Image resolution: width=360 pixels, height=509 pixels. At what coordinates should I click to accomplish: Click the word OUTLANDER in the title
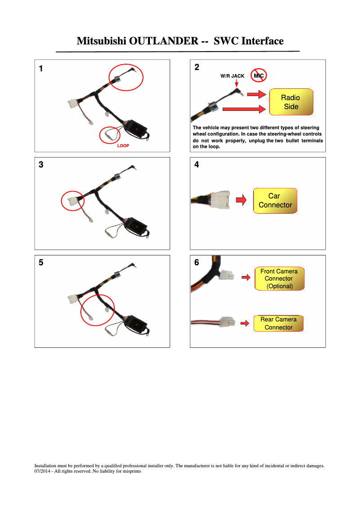tap(163, 41)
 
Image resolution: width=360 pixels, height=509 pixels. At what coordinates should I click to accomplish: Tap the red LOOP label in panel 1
tap(123, 146)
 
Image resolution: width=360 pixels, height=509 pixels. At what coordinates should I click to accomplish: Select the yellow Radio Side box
tap(291, 102)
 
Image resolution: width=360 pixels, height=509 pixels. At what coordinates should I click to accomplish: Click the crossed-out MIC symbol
tap(259, 76)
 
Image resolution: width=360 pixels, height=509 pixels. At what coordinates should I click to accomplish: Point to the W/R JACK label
tap(233, 76)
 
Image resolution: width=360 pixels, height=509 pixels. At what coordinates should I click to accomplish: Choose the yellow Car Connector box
tap(275, 201)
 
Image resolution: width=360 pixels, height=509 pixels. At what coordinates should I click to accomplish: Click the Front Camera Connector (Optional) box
tap(280, 279)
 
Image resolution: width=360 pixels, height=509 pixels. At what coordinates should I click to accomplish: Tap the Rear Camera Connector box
tap(278, 323)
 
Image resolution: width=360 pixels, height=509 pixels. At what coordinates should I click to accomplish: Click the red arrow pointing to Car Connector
tap(241, 200)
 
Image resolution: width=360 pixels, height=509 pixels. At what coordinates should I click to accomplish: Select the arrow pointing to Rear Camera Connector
tap(245, 323)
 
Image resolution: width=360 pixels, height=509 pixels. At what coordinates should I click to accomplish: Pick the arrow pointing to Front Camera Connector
tap(246, 277)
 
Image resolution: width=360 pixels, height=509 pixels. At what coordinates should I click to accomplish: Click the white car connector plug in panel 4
tap(220, 200)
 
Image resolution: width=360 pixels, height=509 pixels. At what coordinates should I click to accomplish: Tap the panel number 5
tap(41, 263)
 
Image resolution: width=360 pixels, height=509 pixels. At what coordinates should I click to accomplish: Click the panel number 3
tap(41, 165)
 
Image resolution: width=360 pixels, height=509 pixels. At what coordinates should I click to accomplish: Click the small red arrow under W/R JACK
tap(237, 83)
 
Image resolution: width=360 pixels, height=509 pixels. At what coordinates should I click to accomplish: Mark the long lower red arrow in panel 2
tap(244, 109)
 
